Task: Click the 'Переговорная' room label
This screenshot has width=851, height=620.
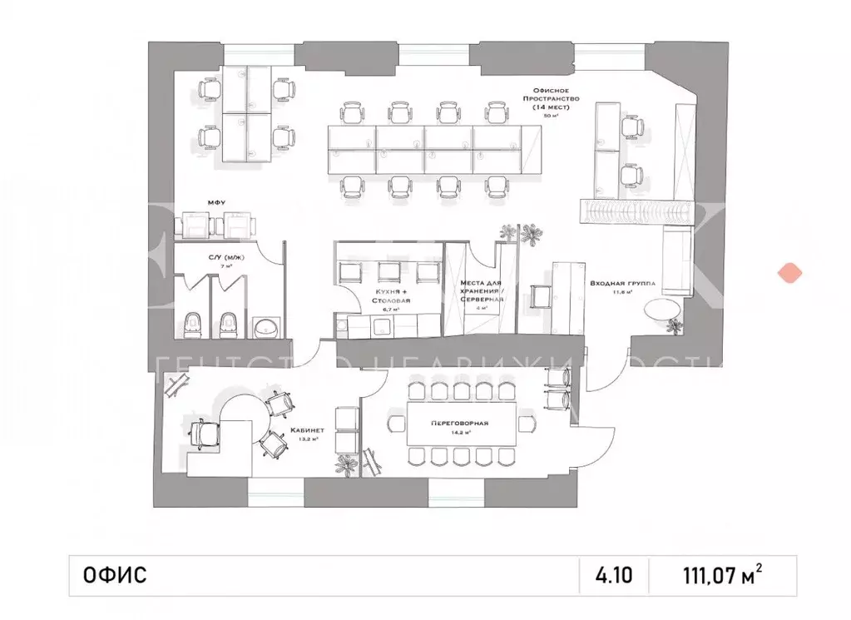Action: (x=459, y=423)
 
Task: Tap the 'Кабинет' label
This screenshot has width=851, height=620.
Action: (x=307, y=430)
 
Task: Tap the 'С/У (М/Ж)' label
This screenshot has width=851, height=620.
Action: (x=226, y=259)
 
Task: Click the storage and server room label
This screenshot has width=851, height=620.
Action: (x=480, y=292)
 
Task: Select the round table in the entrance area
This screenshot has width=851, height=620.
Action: (x=665, y=310)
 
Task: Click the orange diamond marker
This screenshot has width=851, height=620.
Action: (x=787, y=272)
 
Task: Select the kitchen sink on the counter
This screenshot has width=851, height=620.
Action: (x=380, y=326)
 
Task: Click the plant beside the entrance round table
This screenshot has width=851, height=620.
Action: (x=675, y=326)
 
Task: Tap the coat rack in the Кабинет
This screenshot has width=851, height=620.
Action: (x=176, y=383)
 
